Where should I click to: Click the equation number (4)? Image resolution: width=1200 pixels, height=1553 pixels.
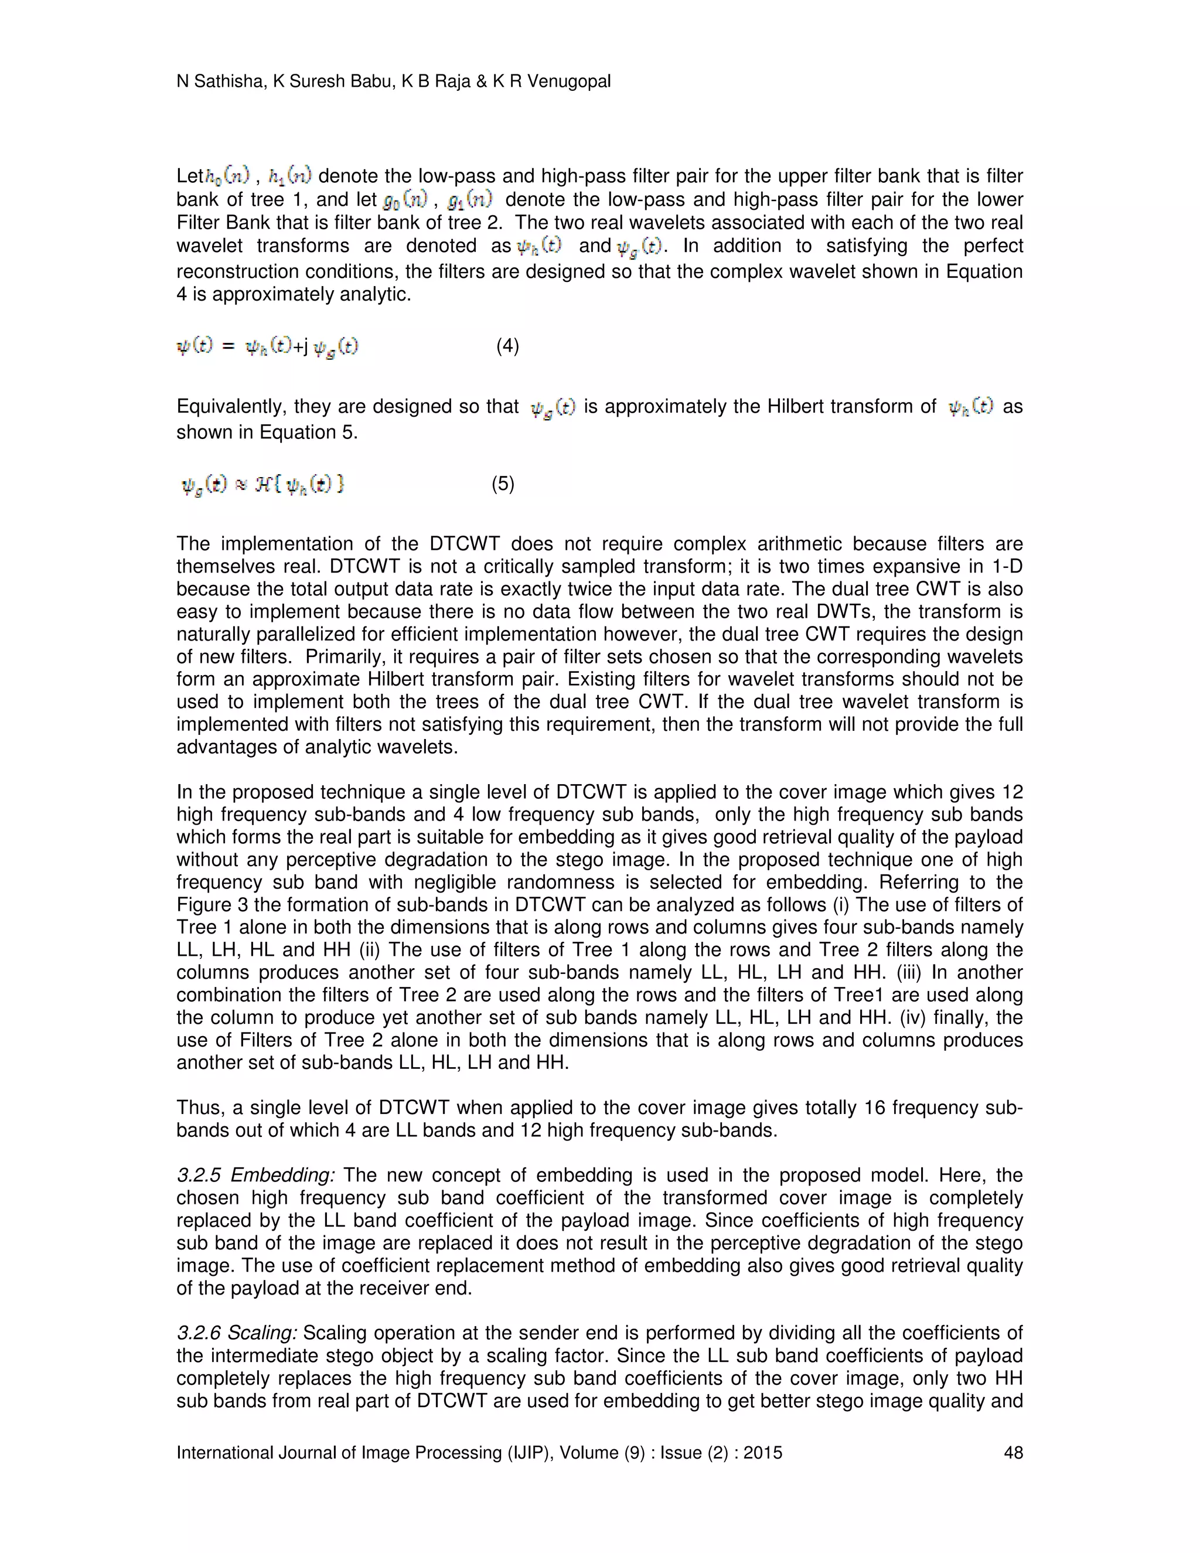point(507,346)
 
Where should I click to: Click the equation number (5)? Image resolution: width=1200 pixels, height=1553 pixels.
point(503,484)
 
